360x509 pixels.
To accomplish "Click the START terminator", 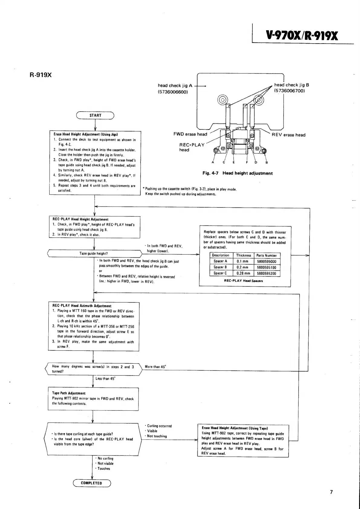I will pos(95,115).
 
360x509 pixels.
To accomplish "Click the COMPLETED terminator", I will pos(92,483).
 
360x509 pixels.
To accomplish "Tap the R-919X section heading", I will pos(41,75).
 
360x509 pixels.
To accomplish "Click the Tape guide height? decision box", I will pos(94,253).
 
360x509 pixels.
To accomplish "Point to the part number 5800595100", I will pos(266,267).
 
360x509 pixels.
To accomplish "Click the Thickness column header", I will pos(244,255).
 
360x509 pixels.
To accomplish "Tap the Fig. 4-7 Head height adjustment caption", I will pos(237,173).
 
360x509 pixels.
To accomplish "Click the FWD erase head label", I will pos(190,134).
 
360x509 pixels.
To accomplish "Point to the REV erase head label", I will pos(288,135).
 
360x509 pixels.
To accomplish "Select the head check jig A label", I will pos(175,86).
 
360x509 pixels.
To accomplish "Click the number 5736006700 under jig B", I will pos(289,90).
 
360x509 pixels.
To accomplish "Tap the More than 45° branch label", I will pos(155,367).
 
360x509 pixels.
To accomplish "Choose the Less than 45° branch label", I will pos(105,378).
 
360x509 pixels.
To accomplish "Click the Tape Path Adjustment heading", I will pos(69,393).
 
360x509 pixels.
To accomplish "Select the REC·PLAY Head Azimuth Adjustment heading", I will pos(82,306).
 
